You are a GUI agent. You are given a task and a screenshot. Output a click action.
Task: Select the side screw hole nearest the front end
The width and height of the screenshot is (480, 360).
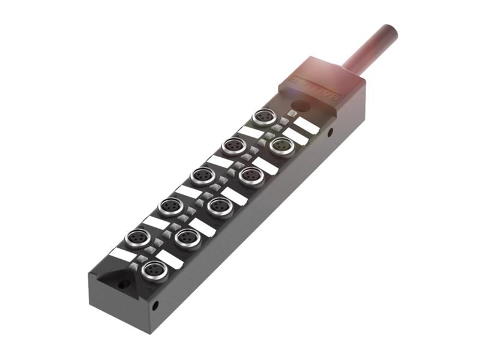[155, 305]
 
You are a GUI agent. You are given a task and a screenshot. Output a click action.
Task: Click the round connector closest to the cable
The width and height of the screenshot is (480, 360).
[264, 116]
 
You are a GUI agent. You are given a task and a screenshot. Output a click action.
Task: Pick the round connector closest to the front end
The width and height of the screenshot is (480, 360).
[155, 271]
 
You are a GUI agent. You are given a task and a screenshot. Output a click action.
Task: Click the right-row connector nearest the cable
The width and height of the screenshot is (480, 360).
[281, 146]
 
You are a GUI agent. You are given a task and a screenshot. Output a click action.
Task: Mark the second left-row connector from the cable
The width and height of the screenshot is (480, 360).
[233, 146]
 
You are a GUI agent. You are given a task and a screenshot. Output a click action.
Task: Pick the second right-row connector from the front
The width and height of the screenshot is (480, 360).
[188, 237]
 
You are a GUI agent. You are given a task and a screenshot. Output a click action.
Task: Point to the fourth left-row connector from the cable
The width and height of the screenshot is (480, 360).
[169, 206]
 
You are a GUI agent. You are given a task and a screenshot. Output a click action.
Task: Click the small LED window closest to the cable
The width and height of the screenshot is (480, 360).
[292, 114]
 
